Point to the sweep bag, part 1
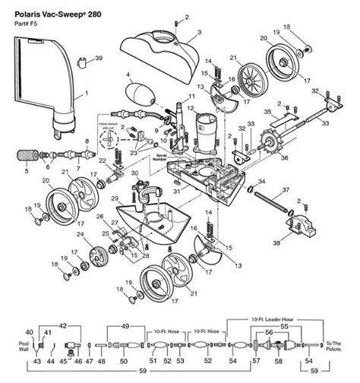(46, 84)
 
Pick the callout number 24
(78, 236)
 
